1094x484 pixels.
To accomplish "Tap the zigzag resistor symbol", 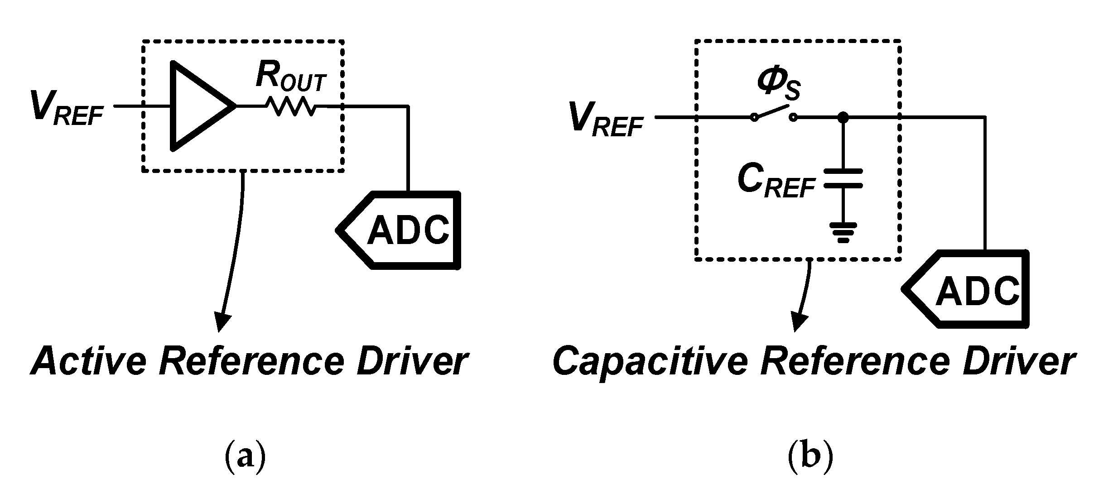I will [290, 107].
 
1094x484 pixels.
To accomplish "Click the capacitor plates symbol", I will [843, 178].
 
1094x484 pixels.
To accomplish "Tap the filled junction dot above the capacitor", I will [843, 118].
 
